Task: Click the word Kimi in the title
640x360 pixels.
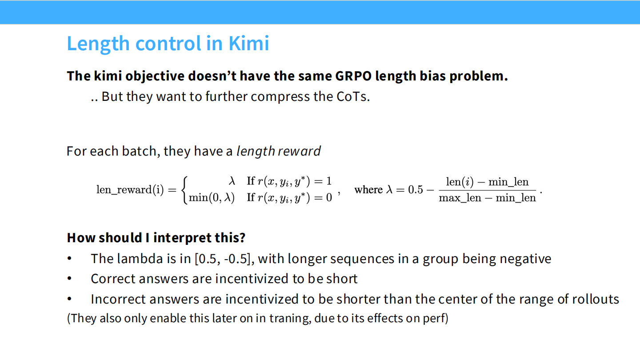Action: pos(249,44)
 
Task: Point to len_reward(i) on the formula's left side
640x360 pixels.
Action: pos(130,190)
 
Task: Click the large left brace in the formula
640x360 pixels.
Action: pos(185,189)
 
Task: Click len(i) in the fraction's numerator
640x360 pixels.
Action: pos(460,182)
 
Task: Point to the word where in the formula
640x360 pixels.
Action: pos(368,190)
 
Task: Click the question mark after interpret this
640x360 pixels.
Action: pos(242,238)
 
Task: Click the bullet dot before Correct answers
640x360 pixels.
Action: pos(69,279)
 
